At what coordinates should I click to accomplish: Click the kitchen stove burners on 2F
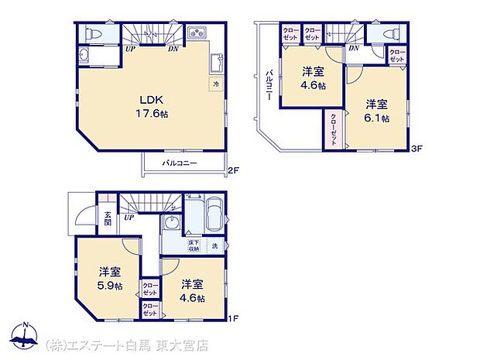pos(196,33)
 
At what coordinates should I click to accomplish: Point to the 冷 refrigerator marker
pos(216,84)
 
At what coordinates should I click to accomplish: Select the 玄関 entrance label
pos(107,218)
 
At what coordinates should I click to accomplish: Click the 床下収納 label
pos(194,246)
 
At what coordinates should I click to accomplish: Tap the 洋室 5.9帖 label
pos(110,279)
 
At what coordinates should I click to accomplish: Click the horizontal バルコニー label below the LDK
pos(180,163)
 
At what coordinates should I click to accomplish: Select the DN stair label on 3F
pos(353,49)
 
